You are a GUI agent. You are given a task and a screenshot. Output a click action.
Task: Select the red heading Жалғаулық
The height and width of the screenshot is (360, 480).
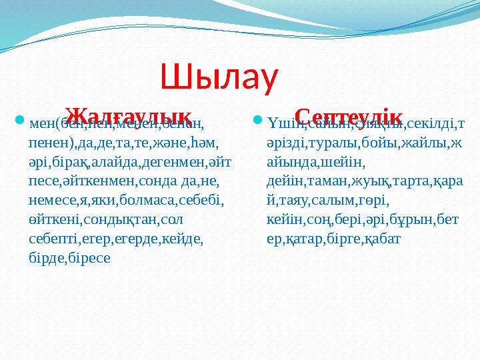click(130, 115)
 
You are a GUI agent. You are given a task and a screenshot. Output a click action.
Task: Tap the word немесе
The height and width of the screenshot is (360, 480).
click(53, 200)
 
